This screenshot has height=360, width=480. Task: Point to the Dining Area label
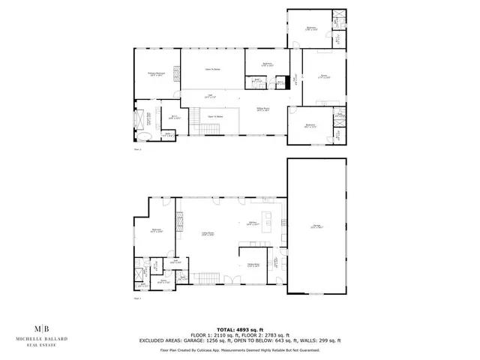pos(253,265)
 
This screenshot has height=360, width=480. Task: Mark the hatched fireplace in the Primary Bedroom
pos(177,72)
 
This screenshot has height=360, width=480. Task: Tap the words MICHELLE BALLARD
pos(45,339)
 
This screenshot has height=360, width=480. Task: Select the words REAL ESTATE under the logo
pos(45,345)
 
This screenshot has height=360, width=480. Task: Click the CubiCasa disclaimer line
pos(240,349)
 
